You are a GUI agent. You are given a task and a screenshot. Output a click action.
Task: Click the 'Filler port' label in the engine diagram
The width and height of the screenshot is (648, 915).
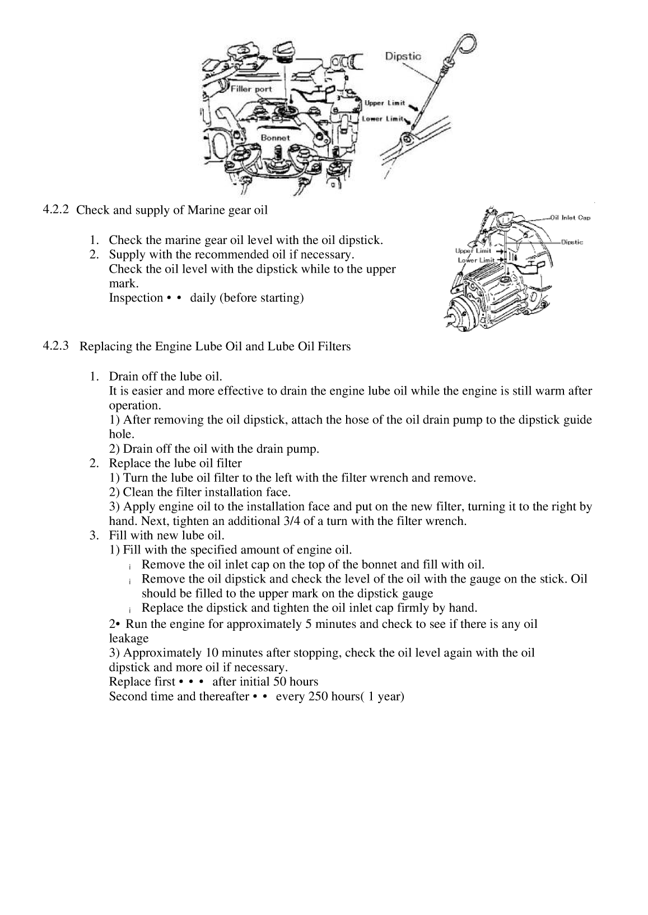coord(251,89)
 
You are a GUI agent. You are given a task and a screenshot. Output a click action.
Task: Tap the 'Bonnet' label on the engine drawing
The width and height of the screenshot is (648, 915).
coord(275,137)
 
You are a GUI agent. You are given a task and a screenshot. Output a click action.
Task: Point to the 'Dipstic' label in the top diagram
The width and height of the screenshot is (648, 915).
coord(403,56)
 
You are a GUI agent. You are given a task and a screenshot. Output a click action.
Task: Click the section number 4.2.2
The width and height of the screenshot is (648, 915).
coord(56,210)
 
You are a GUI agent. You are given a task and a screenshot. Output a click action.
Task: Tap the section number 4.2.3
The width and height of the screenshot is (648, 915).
coord(56,346)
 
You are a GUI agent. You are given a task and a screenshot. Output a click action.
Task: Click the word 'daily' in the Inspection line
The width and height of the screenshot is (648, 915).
coord(203,298)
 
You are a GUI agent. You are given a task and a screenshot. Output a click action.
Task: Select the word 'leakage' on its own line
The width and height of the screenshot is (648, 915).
coord(129,639)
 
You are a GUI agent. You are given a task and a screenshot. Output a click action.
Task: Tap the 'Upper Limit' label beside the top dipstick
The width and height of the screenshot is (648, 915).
coord(385,103)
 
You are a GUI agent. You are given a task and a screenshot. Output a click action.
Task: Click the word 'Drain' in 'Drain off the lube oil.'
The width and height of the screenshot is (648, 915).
coord(123,376)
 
